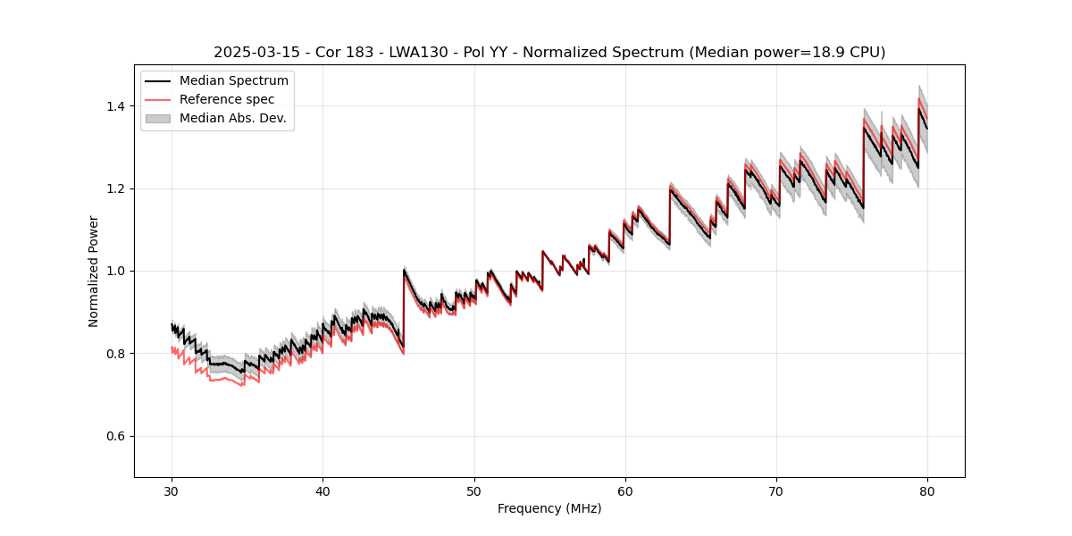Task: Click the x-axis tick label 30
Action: click(x=172, y=490)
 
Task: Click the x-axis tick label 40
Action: click(x=322, y=490)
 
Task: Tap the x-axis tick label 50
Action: click(x=474, y=490)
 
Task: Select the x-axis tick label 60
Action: click(x=625, y=490)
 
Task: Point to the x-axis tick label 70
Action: click(x=776, y=490)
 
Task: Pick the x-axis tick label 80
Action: click(x=927, y=490)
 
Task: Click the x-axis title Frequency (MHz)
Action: click(x=549, y=508)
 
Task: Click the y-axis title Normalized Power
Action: click(x=94, y=271)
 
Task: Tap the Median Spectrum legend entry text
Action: click(x=233, y=81)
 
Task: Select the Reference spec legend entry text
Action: click(x=227, y=99)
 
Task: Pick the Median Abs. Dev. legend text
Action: click(x=232, y=118)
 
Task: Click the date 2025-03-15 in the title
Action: click(x=249, y=53)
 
